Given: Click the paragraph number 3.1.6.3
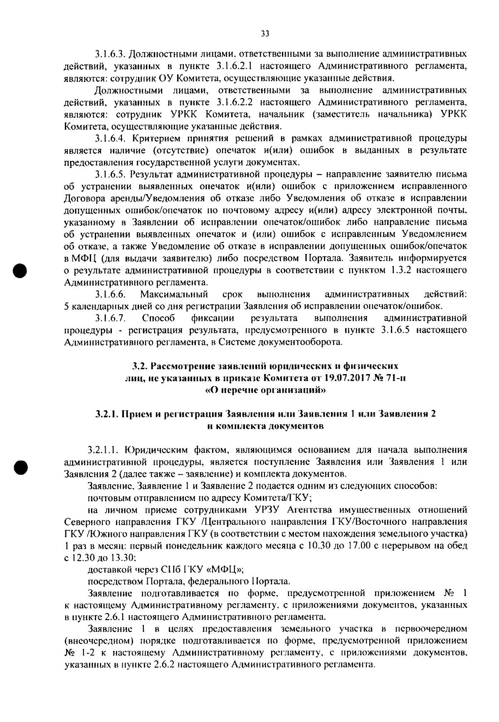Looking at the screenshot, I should pyautogui.click(x=110, y=54).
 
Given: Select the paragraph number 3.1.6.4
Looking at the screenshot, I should pyautogui.click(x=110, y=138).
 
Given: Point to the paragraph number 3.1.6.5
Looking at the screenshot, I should pyautogui.click(x=110, y=174).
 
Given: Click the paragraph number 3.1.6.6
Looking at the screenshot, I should pyautogui.click(x=110, y=295).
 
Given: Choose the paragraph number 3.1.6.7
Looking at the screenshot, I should pyautogui.click(x=110, y=318).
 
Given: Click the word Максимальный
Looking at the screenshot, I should pyautogui.click(x=174, y=295).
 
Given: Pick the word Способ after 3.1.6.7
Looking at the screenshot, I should pyautogui.click(x=158, y=318).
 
